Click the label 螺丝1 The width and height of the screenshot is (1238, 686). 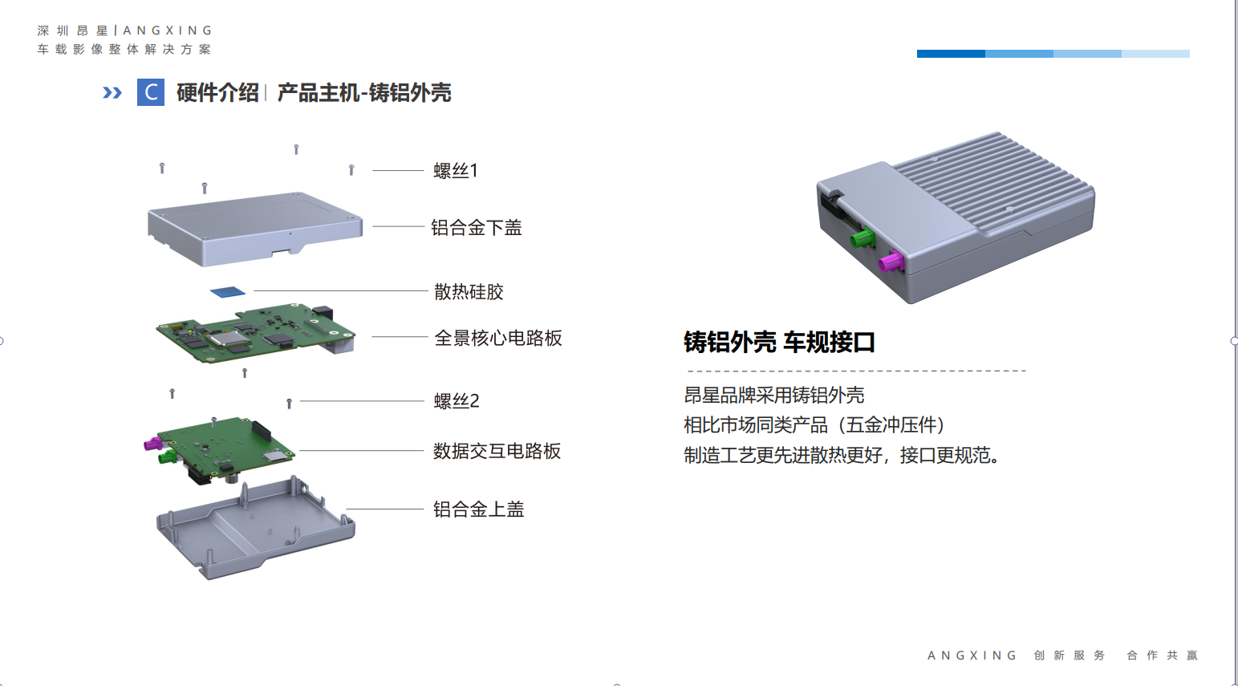[x=456, y=170]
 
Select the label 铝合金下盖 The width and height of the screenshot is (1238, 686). [x=477, y=227]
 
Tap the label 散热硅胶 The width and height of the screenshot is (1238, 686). [x=469, y=291]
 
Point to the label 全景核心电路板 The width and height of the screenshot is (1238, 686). [x=498, y=338]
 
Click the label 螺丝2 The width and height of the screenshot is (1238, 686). [x=457, y=400]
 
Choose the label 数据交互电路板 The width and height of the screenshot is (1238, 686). [x=497, y=451]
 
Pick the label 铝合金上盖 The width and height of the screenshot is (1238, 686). [x=478, y=509]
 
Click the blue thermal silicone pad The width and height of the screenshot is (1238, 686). [x=228, y=292]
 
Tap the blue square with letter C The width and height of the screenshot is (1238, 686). [x=151, y=92]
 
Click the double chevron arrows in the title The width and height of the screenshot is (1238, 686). [x=112, y=92]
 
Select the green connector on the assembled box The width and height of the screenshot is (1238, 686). [x=863, y=238]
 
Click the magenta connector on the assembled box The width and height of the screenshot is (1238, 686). [x=891, y=261]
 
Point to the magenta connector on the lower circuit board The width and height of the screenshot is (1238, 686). [x=153, y=444]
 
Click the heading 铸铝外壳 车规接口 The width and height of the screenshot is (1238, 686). [x=779, y=342]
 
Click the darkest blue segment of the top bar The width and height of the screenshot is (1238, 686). [x=951, y=54]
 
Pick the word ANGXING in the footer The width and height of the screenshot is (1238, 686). [x=972, y=656]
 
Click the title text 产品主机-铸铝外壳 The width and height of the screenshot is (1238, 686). [x=364, y=93]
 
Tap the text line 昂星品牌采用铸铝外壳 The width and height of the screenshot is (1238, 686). [x=773, y=396]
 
